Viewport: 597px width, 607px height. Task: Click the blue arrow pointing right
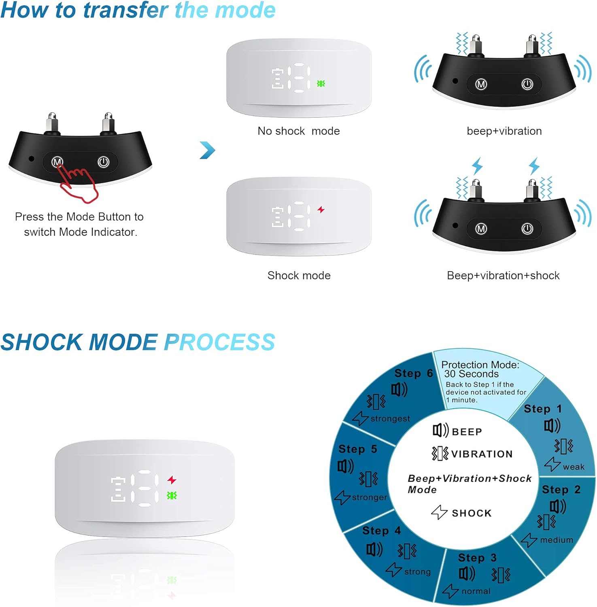coord(208,150)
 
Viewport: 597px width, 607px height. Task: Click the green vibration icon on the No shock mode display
coord(321,84)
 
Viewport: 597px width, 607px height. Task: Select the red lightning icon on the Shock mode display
coord(321,210)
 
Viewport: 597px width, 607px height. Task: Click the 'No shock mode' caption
coord(299,131)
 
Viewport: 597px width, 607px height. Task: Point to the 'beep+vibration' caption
coord(504,131)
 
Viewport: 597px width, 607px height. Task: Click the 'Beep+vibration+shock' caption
coord(503,276)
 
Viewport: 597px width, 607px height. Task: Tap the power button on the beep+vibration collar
coord(527,84)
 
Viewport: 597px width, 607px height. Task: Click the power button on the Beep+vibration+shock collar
coord(527,229)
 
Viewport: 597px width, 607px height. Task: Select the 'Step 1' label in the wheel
coord(543,409)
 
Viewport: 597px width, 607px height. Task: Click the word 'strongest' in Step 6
coord(390,418)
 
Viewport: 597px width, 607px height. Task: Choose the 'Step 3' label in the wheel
coord(477,558)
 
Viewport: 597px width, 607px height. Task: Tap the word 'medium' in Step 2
coord(557,540)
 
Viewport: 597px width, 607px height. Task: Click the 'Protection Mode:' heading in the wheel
coord(480,365)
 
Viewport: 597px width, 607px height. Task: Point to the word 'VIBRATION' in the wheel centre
coord(482,454)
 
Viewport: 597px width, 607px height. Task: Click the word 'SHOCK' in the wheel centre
coord(472,513)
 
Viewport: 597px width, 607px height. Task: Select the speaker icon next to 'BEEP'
coord(440,430)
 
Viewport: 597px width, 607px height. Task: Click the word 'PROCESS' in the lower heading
coord(220,342)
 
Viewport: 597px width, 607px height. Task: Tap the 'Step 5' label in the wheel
coord(358,449)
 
